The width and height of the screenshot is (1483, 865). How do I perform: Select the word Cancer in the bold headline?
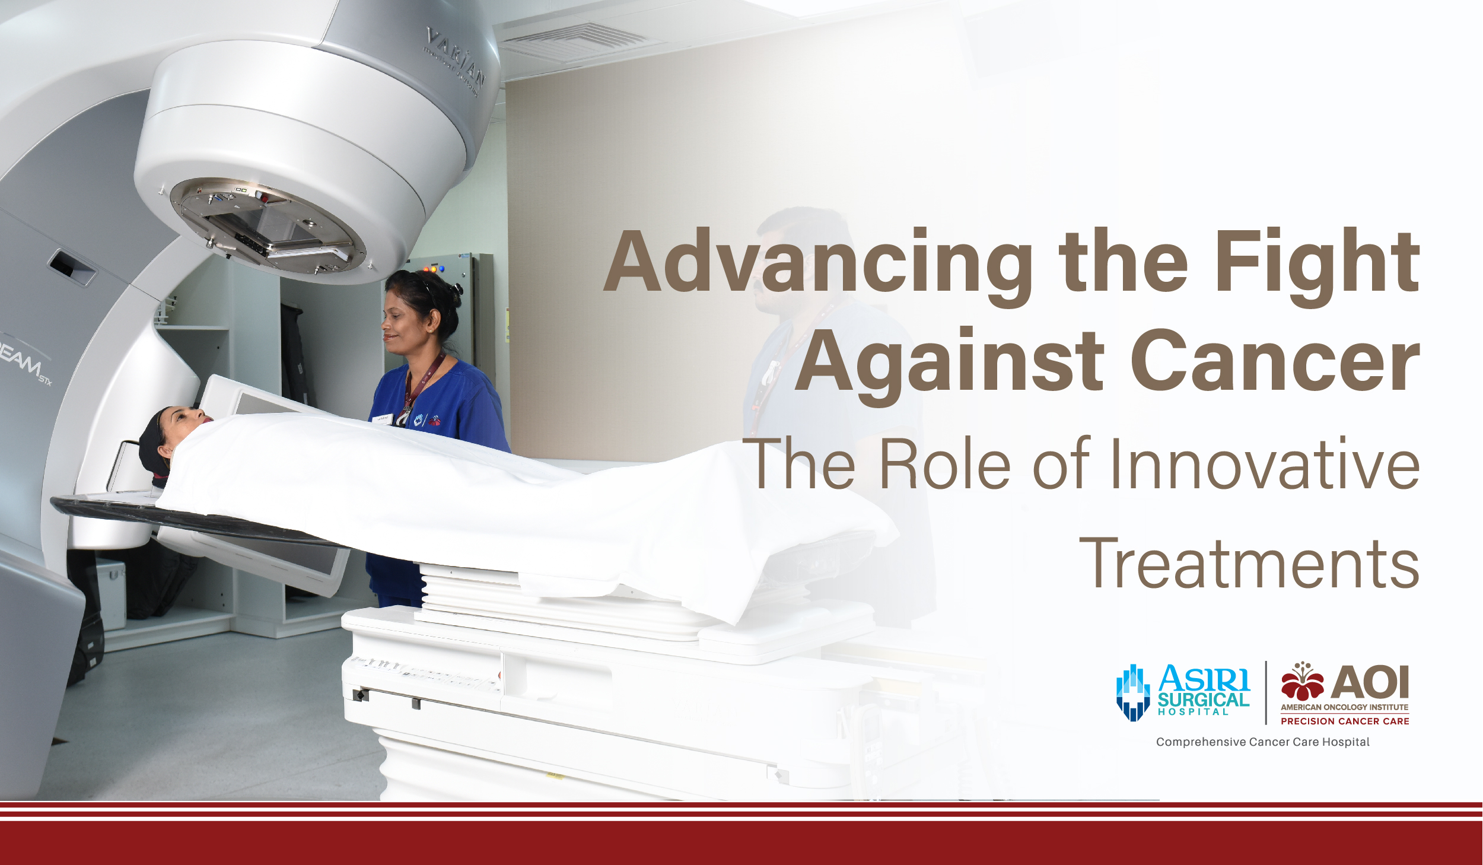(1275, 362)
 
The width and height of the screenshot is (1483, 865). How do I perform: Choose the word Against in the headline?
(949, 362)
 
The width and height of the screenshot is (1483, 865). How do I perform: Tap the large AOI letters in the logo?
(1370, 682)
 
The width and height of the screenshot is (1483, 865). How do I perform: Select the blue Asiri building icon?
(1133, 692)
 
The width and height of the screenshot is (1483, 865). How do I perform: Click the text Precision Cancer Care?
(1345, 721)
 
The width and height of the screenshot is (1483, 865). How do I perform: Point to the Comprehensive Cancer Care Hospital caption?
(1263, 742)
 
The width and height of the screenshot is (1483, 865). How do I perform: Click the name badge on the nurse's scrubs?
(383, 419)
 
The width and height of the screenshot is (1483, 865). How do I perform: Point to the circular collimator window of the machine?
(267, 225)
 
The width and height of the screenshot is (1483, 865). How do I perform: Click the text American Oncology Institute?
(1344, 707)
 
